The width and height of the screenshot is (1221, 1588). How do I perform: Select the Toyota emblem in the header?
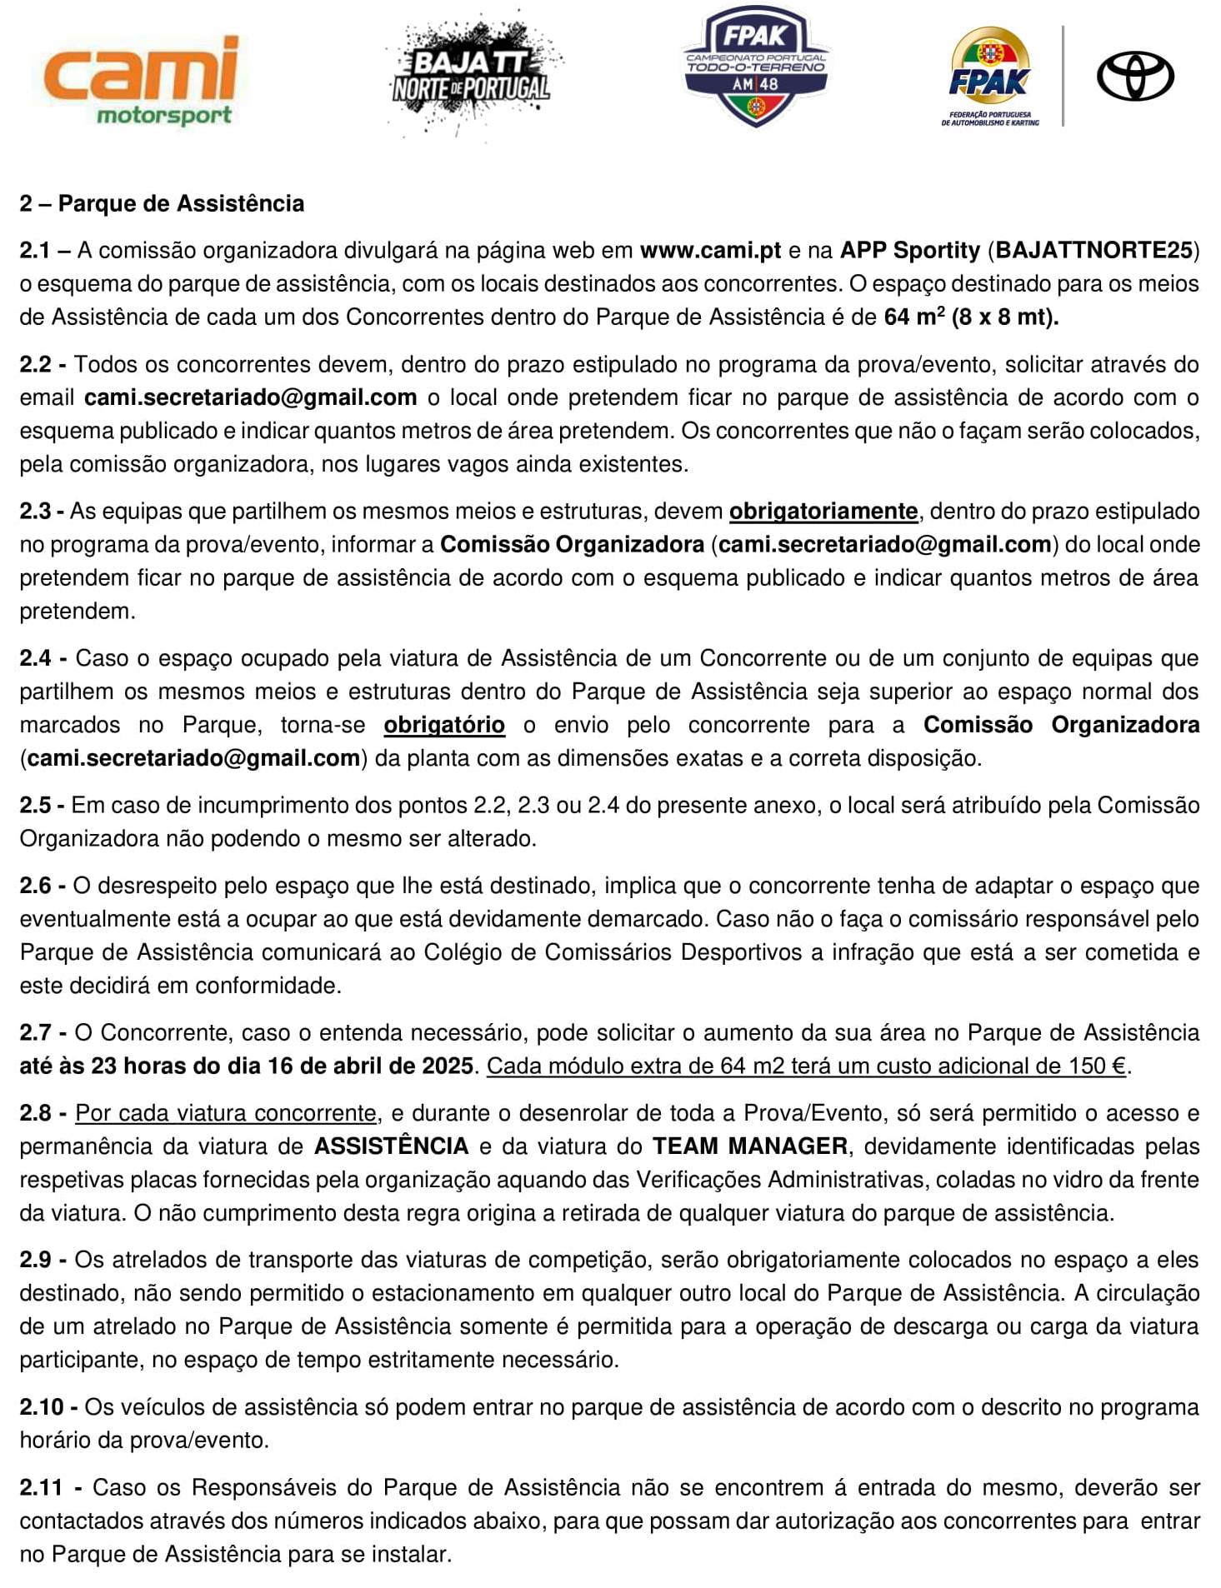[1134, 77]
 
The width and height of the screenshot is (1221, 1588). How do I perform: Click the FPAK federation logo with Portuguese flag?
[990, 77]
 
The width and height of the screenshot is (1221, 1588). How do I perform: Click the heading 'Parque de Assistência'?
[181, 204]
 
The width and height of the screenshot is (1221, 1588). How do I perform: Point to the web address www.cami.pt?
[710, 251]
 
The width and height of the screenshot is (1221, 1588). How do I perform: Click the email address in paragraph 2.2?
[250, 397]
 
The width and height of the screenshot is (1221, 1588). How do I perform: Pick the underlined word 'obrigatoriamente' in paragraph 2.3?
[823, 512]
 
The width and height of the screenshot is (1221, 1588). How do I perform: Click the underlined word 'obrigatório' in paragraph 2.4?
[444, 725]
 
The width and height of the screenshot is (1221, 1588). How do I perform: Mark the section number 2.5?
[37, 806]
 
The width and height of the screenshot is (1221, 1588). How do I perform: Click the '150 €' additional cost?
[1098, 1066]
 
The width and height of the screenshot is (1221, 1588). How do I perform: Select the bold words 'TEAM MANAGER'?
[749, 1146]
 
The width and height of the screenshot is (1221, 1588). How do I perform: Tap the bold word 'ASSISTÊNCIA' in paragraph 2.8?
[391, 1146]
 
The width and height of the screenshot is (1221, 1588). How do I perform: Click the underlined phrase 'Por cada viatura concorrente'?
[226, 1113]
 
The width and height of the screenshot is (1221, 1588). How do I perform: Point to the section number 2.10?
[42, 1407]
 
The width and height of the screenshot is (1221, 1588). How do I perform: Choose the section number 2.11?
[42, 1488]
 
